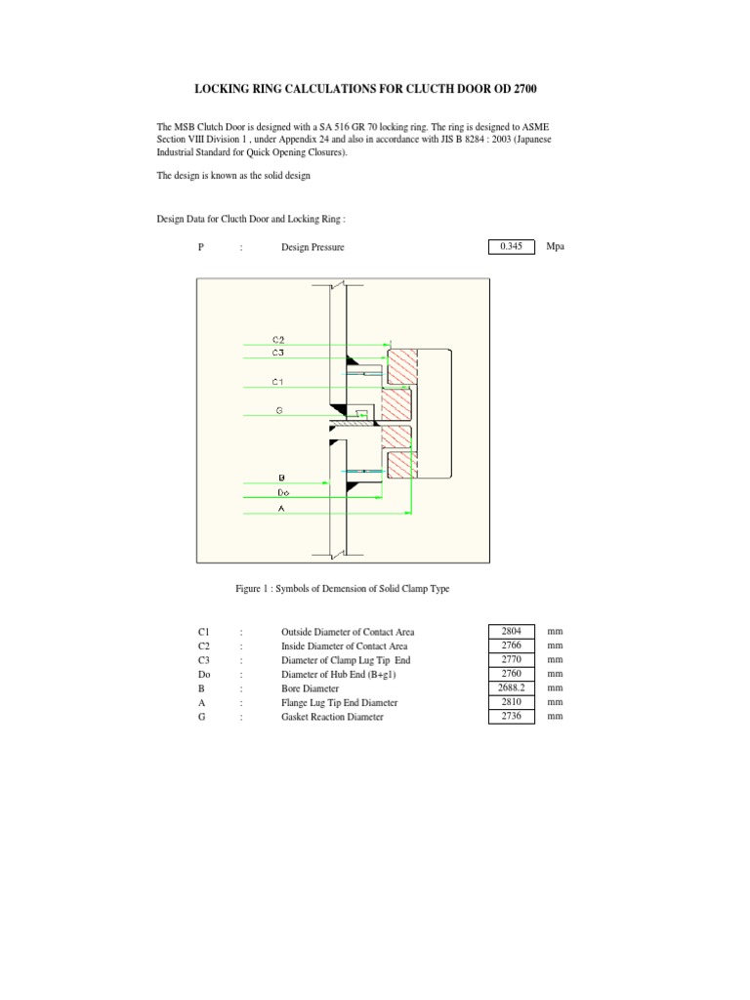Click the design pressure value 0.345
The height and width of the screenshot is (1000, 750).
[x=511, y=247]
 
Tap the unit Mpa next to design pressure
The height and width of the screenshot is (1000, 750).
[x=555, y=247]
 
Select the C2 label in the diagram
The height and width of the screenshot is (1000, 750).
[x=278, y=339]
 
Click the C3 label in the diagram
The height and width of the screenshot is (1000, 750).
[x=278, y=352]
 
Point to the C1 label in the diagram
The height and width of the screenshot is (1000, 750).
[x=278, y=382]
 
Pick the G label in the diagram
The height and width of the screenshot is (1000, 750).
[x=279, y=411]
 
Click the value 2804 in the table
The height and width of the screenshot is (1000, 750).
[x=512, y=632]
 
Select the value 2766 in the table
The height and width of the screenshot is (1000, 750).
[x=512, y=646]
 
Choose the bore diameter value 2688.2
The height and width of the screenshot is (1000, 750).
[x=512, y=687]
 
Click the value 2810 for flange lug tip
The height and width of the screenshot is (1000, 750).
[x=512, y=702]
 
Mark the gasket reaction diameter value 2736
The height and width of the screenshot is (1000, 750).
[x=512, y=716]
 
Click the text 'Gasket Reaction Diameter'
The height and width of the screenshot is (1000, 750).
[x=332, y=717]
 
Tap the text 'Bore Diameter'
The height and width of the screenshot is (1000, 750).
[x=312, y=688]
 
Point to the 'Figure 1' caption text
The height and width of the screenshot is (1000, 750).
[x=342, y=589]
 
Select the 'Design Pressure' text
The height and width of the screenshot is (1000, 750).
[x=312, y=248]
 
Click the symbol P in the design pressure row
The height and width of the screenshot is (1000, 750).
[x=200, y=248]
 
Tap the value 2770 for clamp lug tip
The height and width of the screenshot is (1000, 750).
[x=512, y=660]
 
